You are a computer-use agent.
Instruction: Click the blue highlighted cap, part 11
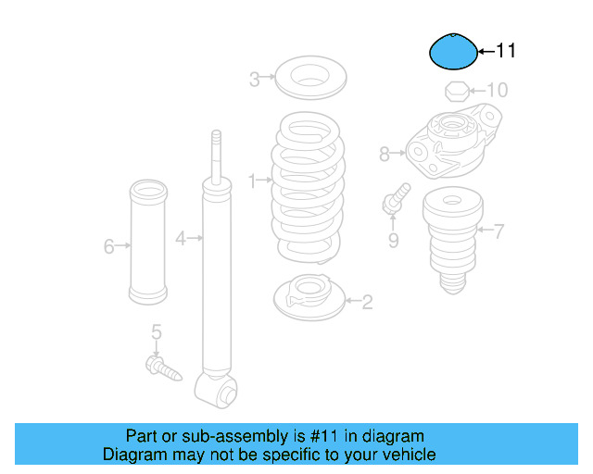(452, 52)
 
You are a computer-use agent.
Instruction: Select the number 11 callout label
(505, 52)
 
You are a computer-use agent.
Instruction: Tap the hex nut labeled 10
(455, 91)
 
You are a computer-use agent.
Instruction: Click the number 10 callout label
(498, 91)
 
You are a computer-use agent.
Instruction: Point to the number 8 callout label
(385, 155)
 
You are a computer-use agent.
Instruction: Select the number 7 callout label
(498, 231)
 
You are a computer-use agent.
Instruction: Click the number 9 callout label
(393, 241)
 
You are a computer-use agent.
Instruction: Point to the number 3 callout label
(254, 80)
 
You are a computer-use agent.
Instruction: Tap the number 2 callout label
(367, 301)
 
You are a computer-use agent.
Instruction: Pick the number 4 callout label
(182, 239)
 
